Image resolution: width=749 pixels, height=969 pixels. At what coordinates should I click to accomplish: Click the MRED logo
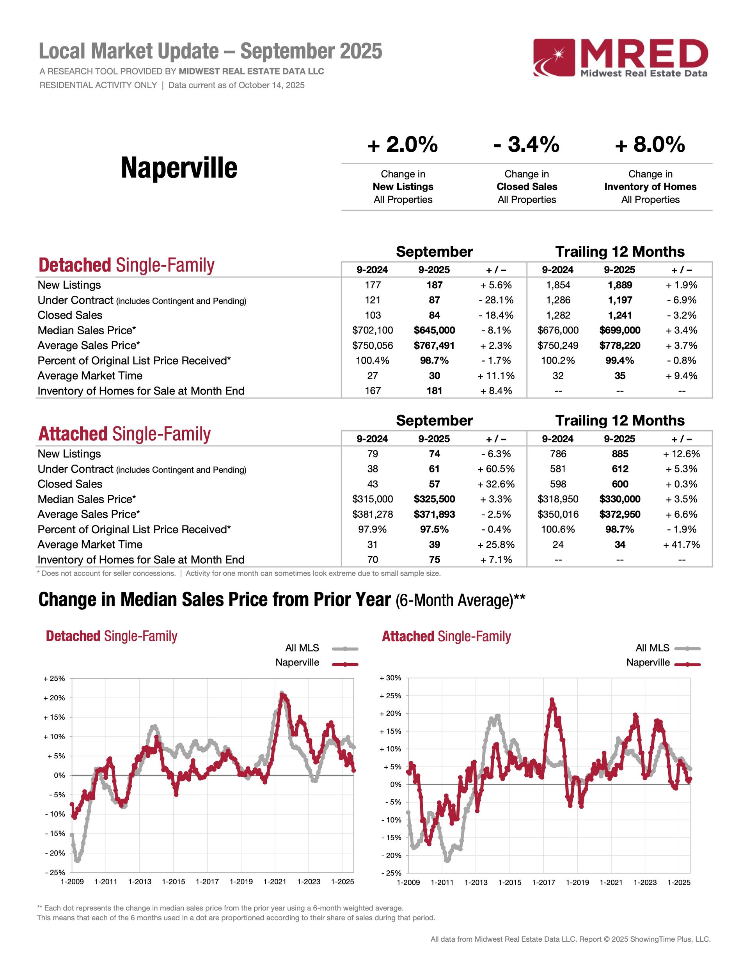(x=620, y=58)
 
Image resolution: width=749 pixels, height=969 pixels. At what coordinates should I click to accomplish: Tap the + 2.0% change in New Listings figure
(x=403, y=145)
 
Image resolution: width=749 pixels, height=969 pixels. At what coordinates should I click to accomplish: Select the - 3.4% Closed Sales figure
(x=526, y=145)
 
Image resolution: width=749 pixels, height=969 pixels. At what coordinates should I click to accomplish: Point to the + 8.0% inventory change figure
(x=650, y=145)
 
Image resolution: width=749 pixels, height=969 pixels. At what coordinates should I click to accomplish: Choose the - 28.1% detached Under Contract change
(x=496, y=300)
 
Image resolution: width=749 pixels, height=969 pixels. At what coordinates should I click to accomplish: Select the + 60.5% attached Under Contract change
(x=496, y=469)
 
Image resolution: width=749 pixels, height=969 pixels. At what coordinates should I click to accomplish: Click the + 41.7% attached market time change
(x=681, y=545)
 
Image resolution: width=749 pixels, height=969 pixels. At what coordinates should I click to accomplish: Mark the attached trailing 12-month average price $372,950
(x=619, y=514)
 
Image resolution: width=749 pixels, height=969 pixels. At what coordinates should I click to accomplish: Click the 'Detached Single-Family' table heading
(x=126, y=265)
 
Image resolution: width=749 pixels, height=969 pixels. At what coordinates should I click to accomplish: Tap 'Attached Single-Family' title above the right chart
(x=446, y=636)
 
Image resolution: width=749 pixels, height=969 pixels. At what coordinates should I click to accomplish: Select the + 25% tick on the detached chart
(x=54, y=678)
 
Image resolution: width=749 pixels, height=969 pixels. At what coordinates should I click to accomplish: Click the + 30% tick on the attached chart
(x=390, y=678)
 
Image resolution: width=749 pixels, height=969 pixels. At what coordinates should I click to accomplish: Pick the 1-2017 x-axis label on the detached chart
(x=207, y=882)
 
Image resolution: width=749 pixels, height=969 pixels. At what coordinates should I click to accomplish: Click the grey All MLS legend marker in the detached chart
(x=345, y=649)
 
